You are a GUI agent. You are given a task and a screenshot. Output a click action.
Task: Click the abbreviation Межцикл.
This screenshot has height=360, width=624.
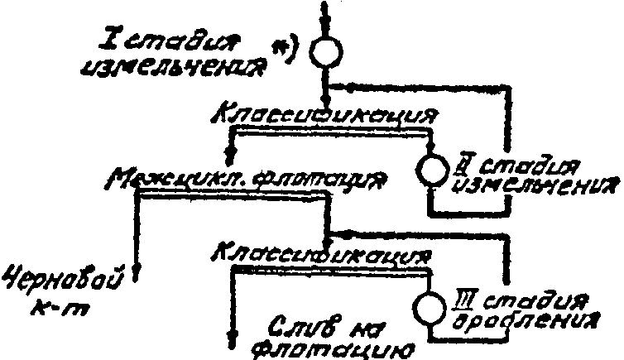pyautogui.click(x=161, y=180)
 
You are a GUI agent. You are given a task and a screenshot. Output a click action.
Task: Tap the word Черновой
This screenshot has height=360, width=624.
pyautogui.click(x=65, y=281)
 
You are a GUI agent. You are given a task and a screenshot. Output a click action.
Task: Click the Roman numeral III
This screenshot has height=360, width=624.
pyautogui.click(x=464, y=296)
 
